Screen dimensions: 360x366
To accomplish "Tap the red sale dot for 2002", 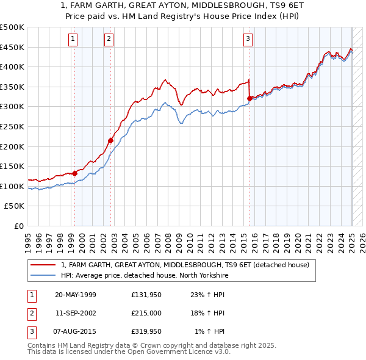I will click(111, 140).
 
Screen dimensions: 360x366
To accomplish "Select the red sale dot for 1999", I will click(75, 173).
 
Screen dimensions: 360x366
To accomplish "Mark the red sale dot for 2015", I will click(249, 98).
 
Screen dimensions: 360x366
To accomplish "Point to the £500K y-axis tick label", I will click(12, 27).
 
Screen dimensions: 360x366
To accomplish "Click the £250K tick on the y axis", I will click(12, 126).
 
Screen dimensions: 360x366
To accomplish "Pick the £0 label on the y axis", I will click(19, 226).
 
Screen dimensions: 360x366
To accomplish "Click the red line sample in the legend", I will click(43, 265).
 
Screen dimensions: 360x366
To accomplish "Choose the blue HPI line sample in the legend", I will click(43, 275).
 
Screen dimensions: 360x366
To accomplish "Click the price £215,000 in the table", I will click(146, 313).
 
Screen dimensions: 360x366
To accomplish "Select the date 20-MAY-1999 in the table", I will click(76, 295).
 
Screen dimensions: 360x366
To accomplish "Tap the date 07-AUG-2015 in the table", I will click(76, 331).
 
